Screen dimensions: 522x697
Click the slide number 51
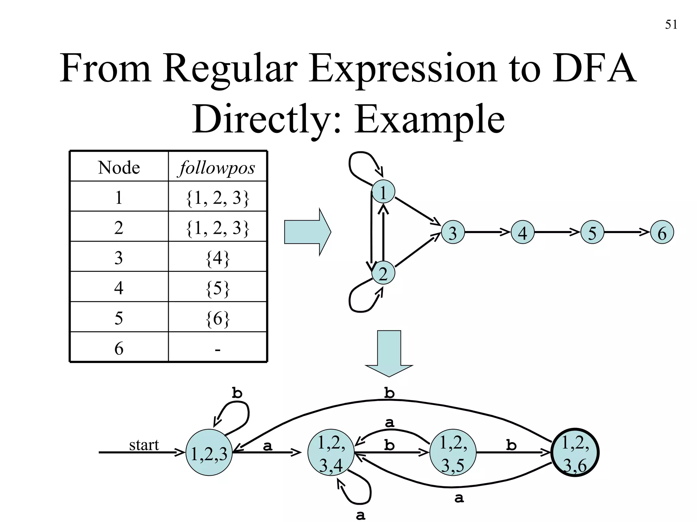671,25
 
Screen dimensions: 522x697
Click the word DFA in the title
594,69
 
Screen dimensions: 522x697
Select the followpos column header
217,167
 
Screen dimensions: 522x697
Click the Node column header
119,167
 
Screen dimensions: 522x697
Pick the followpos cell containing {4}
217,258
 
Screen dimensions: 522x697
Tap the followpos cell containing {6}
217,318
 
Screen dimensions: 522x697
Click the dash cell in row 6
217,349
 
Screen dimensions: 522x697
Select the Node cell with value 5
119,318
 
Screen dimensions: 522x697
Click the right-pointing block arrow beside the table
307,232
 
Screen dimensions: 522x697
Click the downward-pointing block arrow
389,353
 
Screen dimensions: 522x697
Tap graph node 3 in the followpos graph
453,233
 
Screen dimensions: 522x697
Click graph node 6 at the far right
662,233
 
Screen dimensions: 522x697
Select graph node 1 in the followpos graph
383,192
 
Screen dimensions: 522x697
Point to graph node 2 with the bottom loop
383,273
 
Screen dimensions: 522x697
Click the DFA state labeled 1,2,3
209,453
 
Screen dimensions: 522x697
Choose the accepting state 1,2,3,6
575,453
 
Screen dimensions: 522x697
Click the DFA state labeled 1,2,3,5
453,453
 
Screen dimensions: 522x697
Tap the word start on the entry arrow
144,445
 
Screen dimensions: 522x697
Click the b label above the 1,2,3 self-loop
237,393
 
